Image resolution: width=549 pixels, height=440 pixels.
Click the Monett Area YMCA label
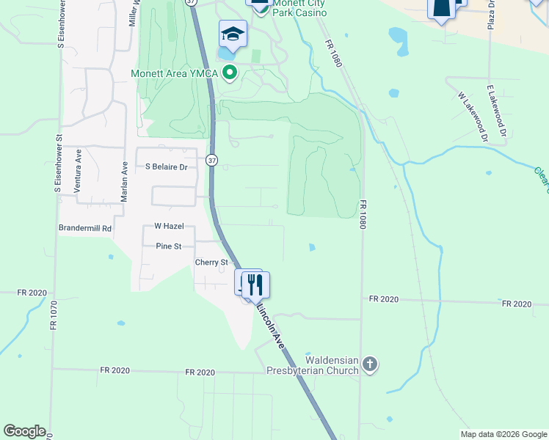point(175,73)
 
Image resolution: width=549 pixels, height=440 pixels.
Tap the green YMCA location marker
point(230,73)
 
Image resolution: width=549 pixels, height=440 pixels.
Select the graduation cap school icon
point(233,34)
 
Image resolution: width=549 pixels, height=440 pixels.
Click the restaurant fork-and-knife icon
point(255,285)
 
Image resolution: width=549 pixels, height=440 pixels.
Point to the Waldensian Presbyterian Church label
point(312,365)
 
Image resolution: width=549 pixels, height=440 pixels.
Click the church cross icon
point(370,364)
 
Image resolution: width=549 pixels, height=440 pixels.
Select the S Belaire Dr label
point(167,167)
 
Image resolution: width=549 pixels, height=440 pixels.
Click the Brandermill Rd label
point(85,228)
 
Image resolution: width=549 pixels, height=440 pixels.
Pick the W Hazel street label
point(169,227)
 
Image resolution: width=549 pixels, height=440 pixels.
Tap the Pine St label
point(169,246)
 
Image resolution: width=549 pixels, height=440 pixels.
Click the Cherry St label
point(211,263)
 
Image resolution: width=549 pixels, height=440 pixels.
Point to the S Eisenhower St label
point(57,164)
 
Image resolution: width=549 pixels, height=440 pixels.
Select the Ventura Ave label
point(78,171)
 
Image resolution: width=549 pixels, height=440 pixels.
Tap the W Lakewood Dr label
point(471,116)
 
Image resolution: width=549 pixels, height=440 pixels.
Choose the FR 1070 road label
point(54,315)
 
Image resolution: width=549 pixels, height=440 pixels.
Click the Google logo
point(24,431)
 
